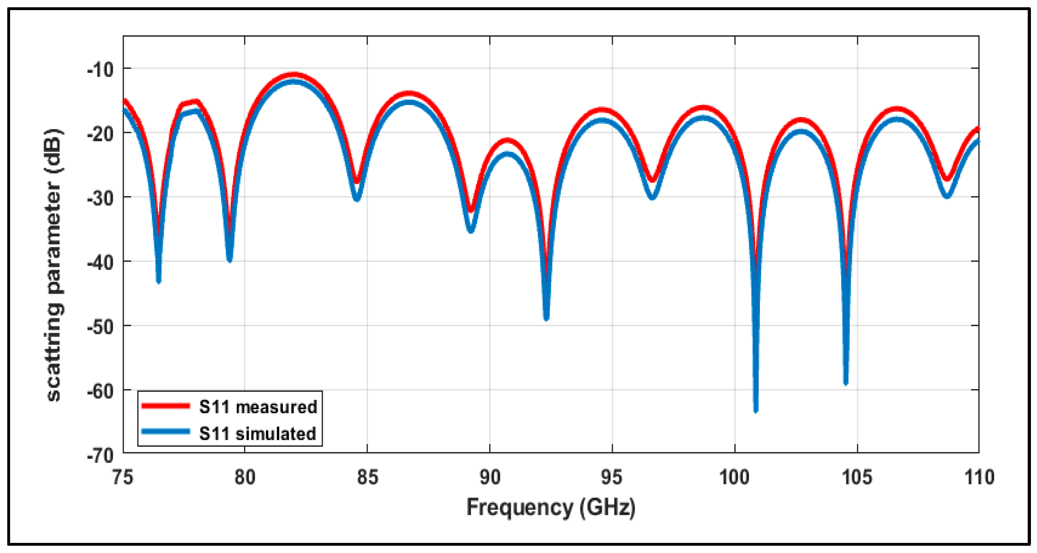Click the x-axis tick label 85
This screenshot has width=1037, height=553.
367,477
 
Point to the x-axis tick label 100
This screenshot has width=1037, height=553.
734,477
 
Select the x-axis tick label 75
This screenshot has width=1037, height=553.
122,477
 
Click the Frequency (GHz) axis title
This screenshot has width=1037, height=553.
551,507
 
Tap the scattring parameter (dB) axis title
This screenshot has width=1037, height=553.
54,265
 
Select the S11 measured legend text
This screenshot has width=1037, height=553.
258,407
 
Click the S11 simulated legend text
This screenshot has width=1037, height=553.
257,434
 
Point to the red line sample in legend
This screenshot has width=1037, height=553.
166,406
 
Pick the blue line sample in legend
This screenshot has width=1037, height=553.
166,432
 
